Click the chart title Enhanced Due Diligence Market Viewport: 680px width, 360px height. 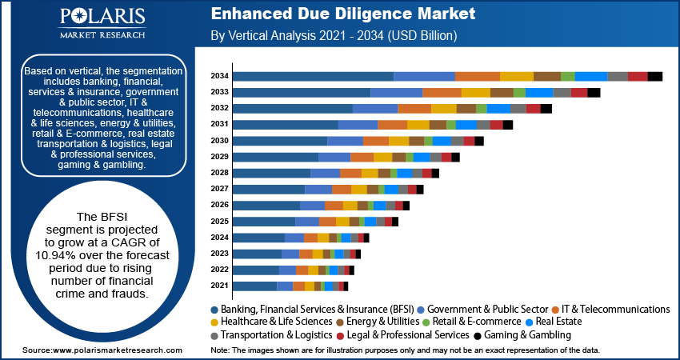click(x=342, y=14)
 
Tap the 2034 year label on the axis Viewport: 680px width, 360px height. click(x=220, y=76)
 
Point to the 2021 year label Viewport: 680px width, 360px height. click(x=220, y=286)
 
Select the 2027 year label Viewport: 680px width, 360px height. click(x=220, y=189)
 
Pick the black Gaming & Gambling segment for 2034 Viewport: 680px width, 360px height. click(x=655, y=76)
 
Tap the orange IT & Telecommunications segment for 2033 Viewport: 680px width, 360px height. click(x=442, y=92)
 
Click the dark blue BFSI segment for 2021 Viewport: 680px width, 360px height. click(x=255, y=286)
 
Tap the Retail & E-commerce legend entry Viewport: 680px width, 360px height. click(x=478, y=322)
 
